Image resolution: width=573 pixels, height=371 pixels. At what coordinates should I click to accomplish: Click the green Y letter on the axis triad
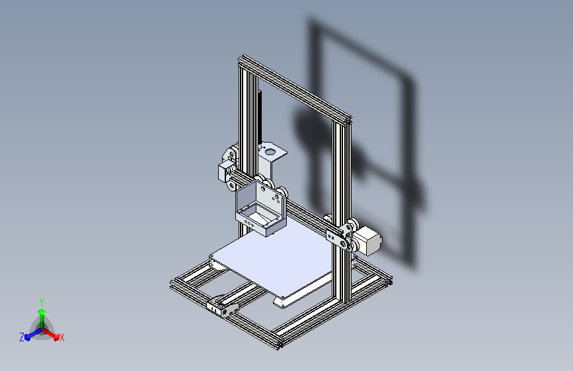pyautogui.click(x=42, y=301)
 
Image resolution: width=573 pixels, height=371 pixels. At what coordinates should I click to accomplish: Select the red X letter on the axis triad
pyautogui.click(x=61, y=337)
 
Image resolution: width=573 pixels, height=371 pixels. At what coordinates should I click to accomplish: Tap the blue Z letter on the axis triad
pyautogui.click(x=22, y=337)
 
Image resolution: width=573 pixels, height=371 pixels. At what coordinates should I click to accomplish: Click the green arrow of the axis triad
pyautogui.click(x=42, y=314)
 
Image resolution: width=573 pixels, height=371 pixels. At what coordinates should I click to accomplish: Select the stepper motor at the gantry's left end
pyautogui.click(x=223, y=170)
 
